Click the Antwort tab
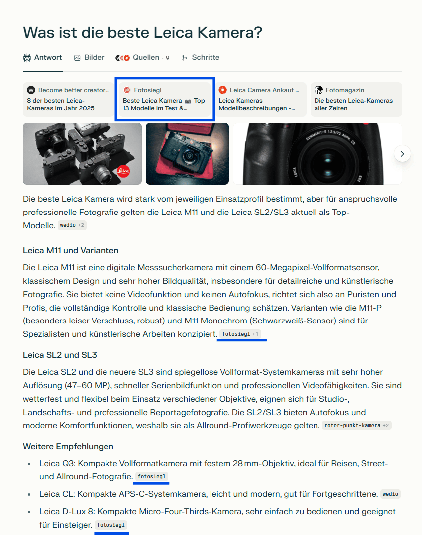click(x=43, y=58)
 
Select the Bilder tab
click(x=89, y=58)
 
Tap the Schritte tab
click(x=201, y=58)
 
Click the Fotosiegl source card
click(x=165, y=99)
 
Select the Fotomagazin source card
click(x=356, y=99)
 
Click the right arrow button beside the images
click(x=402, y=154)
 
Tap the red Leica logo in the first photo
click(x=123, y=171)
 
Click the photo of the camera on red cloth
click(x=187, y=153)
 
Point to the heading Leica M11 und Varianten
click(x=71, y=250)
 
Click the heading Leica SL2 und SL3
click(x=60, y=355)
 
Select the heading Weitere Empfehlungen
click(x=68, y=446)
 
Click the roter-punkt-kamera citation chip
click(x=356, y=426)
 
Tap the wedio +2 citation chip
click(x=72, y=225)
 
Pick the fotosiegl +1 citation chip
click(x=241, y=334)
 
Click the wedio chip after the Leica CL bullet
click(x=390, y=494)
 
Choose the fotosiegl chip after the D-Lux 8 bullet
click(x=110, y=525)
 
